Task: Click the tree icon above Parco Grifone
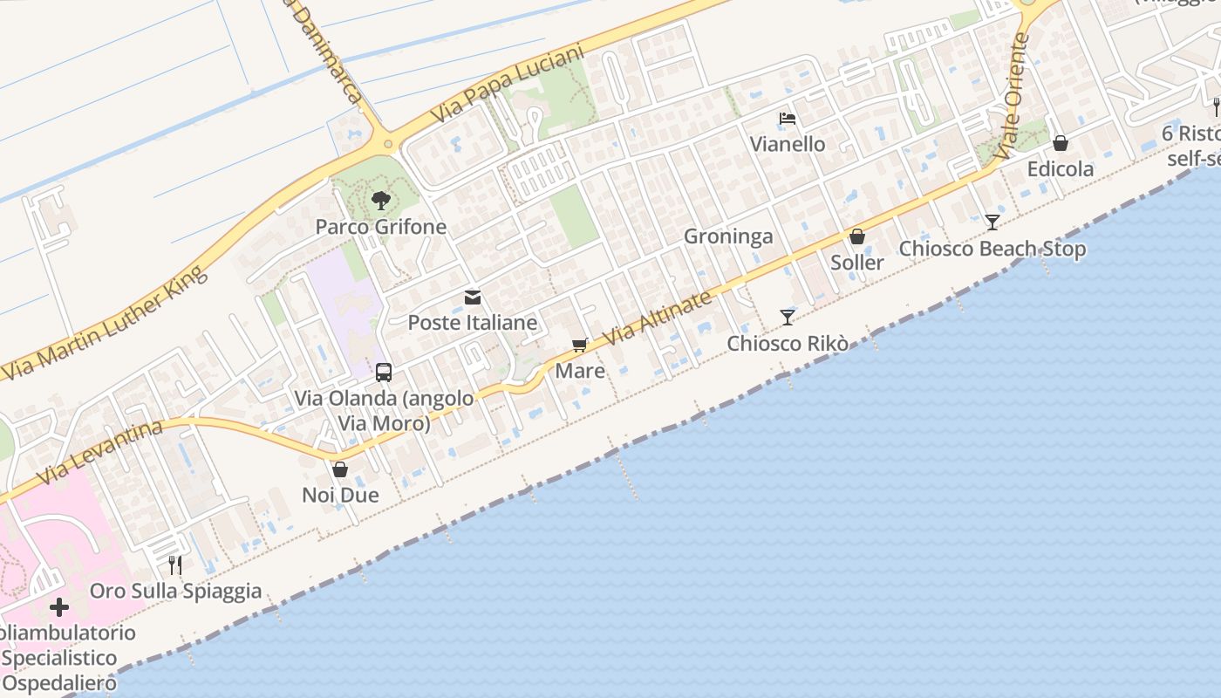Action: tap(380, 201)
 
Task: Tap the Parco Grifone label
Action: tap(380, 227)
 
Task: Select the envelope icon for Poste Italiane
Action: tap(473, 298)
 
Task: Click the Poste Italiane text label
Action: tap(473, 323)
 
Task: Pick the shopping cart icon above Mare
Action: tap(580, 346)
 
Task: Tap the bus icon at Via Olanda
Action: tap(384, 373)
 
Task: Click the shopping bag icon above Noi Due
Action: tap(340, 469)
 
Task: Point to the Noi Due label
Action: tap(340, 496)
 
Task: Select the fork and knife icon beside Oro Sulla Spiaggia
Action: tap(175, 565)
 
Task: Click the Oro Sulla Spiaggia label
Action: tap(175, 591)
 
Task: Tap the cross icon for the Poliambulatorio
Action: tap(59, 606)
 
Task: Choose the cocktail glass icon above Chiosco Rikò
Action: tap(788, 317)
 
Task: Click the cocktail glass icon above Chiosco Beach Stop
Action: tap(992, 222)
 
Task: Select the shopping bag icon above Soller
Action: tap(857, 236)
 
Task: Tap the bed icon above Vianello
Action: tap(788, 119)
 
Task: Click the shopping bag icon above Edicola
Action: tap(1061, 143)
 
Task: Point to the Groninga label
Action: tap(728, 236)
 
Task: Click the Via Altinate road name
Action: tap(658, 317)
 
